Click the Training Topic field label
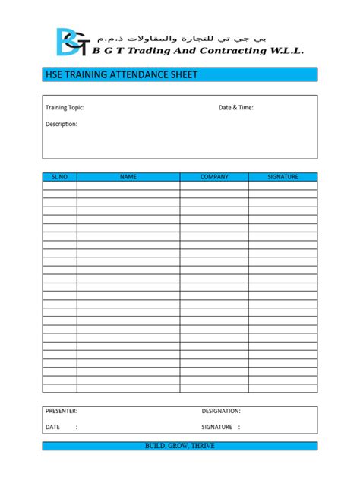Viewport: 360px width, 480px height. [65, 108]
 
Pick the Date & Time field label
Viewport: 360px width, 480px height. [236, 108]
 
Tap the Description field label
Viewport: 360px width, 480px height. [62, 124]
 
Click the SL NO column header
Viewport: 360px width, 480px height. [59, 177]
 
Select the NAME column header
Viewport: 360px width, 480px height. [128, 177]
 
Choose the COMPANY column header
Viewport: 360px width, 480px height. [214, 177]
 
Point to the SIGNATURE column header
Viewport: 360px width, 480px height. [283, 177]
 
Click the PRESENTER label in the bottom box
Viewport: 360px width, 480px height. [62, 411]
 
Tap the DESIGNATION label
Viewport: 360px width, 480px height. [221, 411]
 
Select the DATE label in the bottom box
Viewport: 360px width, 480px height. [52, 427]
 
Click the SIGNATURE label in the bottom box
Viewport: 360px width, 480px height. [217, 427]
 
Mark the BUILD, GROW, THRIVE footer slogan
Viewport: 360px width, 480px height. [180, 446]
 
